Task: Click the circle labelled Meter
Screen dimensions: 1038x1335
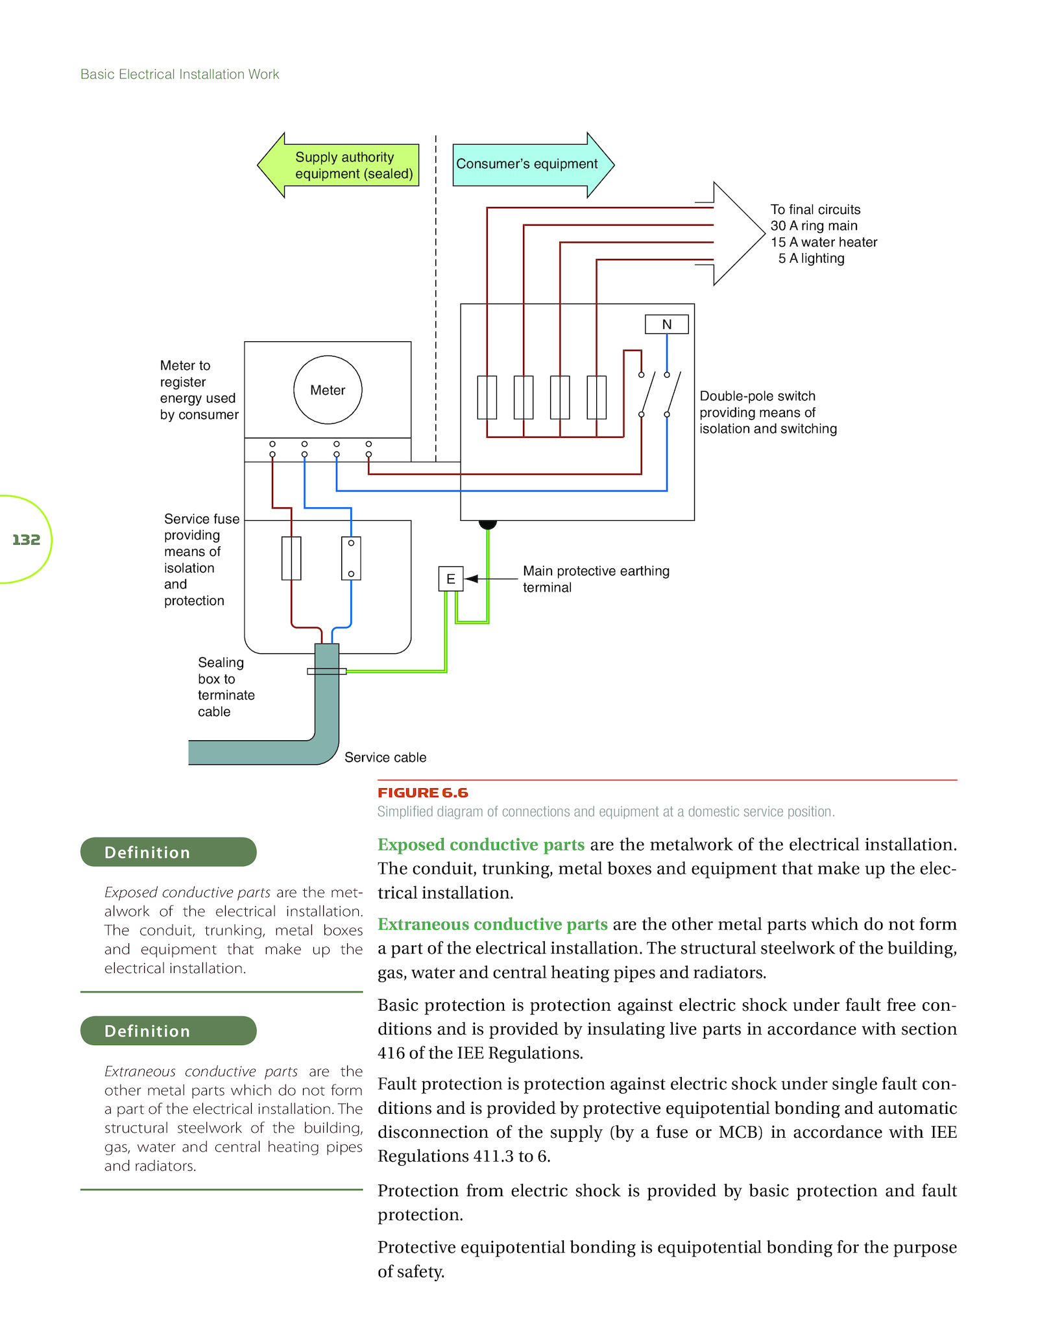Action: [x=328, y=390]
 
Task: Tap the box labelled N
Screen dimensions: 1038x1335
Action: [x=666, y=324]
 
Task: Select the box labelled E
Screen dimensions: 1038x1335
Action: [x=451, y=579]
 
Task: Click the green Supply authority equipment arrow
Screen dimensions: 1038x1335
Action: [x=338, y=165]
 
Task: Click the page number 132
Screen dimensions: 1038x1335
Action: [x=26, y=540]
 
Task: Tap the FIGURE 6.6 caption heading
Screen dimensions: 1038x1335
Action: [x=422, y=793]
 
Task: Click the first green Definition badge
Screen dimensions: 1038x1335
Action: [x=169, y=852]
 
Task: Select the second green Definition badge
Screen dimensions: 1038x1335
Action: [x=169, y=1031]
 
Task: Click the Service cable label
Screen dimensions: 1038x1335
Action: [x=385, y=757]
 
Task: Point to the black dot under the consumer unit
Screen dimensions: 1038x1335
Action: [x=488, y=523]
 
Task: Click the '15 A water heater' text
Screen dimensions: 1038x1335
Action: [x=824, y=242]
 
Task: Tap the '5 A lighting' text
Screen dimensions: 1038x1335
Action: [x=812, y=258]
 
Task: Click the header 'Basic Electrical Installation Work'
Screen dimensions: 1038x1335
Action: [x=180, y=75]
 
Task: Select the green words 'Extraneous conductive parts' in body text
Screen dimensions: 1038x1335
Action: [x=492, y=924]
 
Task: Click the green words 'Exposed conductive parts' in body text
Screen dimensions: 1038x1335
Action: [x=481, y=845]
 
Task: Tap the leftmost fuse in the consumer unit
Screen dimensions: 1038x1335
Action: [x=487, y=397]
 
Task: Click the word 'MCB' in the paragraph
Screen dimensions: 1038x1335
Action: [x=738, y=1132]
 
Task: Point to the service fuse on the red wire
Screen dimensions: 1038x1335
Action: [x=291, y=558]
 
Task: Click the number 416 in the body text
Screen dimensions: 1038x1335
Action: [x=391, y=1053]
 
